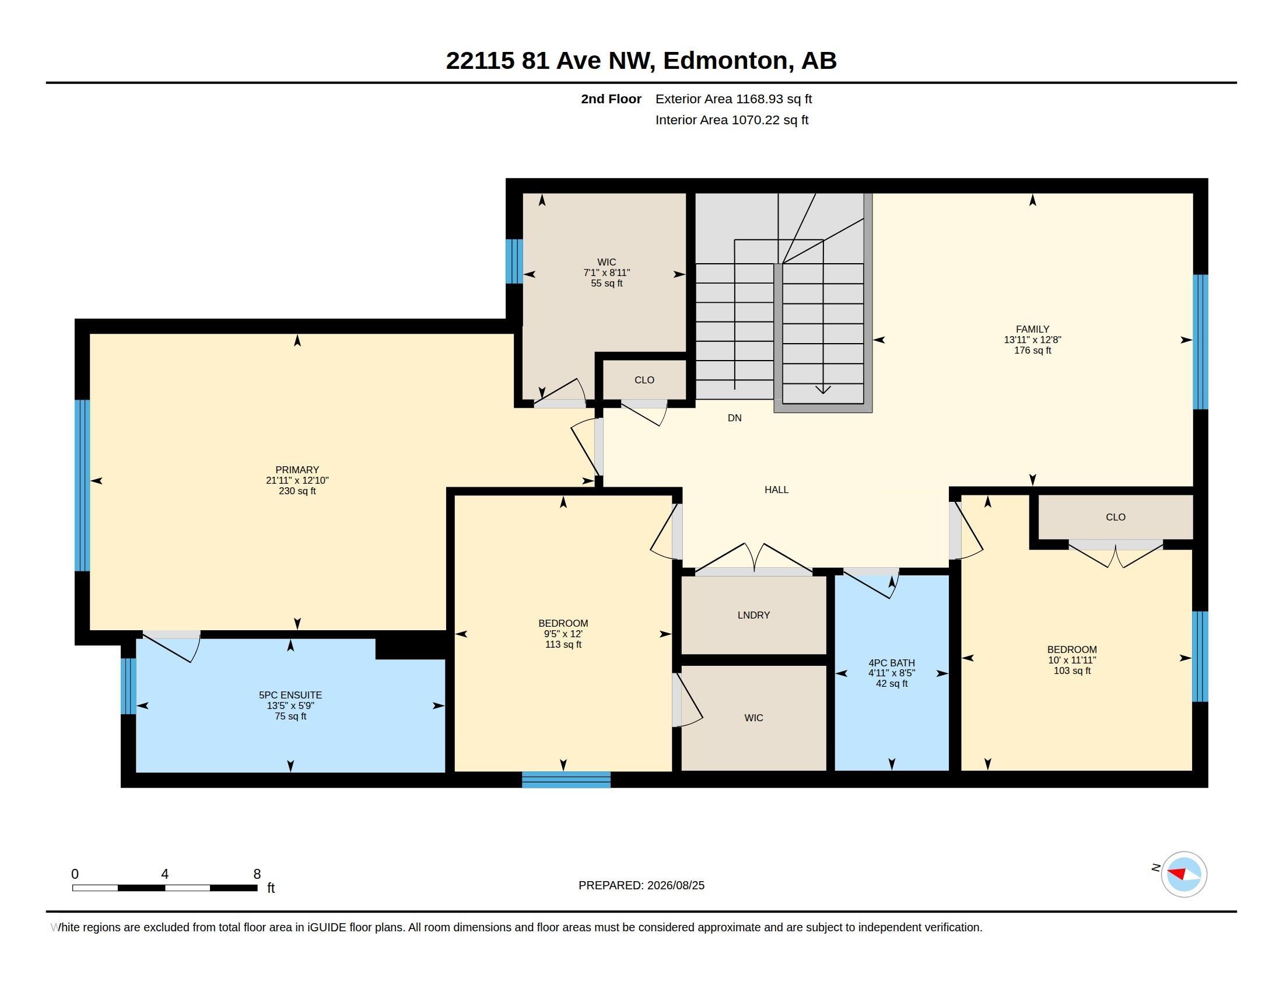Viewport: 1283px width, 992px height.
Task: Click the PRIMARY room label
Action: tap(297, 470)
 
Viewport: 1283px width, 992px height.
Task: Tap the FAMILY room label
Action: tap(1032, 329)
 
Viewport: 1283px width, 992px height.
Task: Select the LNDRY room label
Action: tap(753, 614)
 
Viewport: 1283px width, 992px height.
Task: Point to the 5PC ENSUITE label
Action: tap(290, 694)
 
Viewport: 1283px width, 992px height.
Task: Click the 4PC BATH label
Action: tap(892, 662)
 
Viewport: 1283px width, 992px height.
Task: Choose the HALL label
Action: tap(776, 490)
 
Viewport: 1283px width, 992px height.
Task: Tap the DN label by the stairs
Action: tap(734, 418)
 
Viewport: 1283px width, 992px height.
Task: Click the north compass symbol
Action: tap(1184, 874)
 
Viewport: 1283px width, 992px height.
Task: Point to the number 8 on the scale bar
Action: tap(257, 874)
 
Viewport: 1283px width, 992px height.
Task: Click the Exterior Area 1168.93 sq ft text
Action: tap(734, 99)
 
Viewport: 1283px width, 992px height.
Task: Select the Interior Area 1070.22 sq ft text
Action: tap(732, 120)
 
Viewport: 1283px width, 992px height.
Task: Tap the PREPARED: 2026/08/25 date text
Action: tap(641, 885)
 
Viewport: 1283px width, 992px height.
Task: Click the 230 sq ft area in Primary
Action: tap(297, 491)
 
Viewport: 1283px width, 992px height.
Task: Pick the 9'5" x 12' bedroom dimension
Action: tap(563, 634)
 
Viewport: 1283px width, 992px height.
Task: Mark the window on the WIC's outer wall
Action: tap(514, 261)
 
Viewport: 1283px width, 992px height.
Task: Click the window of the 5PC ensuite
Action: tap(129, 686)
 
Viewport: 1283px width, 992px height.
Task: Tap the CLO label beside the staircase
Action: tap(644, 380)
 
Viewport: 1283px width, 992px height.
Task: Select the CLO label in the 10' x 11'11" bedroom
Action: tap(1116, 517)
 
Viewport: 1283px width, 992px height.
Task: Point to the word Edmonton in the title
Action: tap(725, 60)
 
